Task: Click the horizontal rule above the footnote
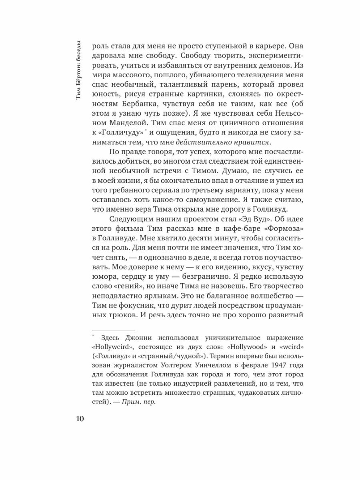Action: [x=108, y=331]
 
